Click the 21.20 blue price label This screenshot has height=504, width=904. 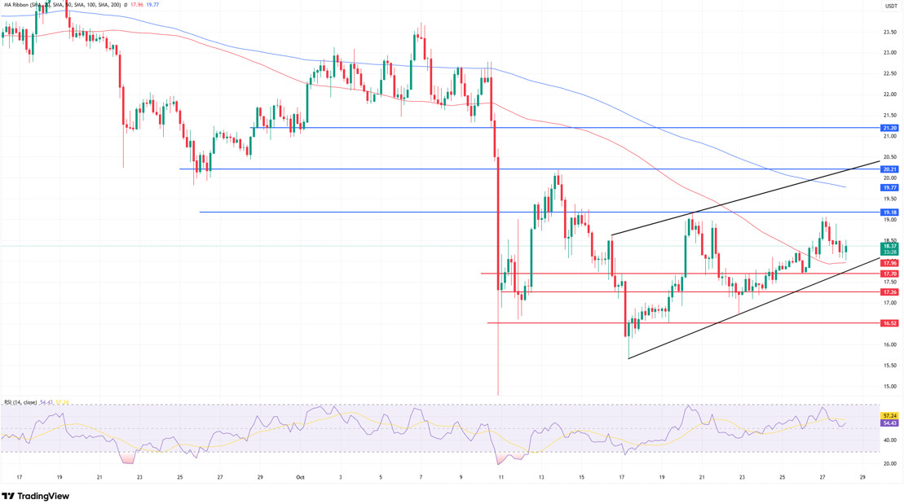889,128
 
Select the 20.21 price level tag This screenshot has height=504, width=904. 889,169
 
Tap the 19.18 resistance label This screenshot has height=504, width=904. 889,213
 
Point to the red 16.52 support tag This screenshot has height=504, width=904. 889,323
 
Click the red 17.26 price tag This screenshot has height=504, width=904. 889,292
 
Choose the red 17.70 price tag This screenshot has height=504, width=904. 889,274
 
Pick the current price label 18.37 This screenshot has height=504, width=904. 889,246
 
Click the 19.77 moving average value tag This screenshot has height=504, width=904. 889,187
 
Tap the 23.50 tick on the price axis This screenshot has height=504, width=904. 889,33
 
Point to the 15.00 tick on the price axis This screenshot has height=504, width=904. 889,365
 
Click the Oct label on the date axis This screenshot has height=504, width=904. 299,478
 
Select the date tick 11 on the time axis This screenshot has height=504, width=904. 500,478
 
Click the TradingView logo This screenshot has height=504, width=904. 36,496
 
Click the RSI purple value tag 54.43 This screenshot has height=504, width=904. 889,423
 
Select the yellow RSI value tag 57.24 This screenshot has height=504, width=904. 889,415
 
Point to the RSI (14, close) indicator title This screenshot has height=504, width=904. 20,402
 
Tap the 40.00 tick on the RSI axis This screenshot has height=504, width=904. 889,440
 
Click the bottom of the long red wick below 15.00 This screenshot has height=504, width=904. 498,395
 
